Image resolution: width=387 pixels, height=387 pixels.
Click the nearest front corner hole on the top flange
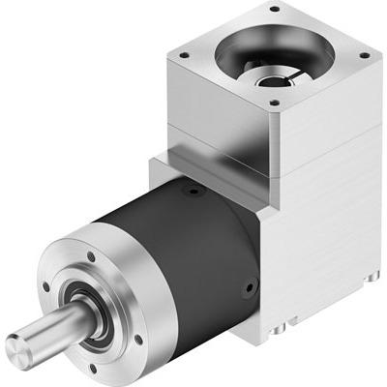tap(274, 101)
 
